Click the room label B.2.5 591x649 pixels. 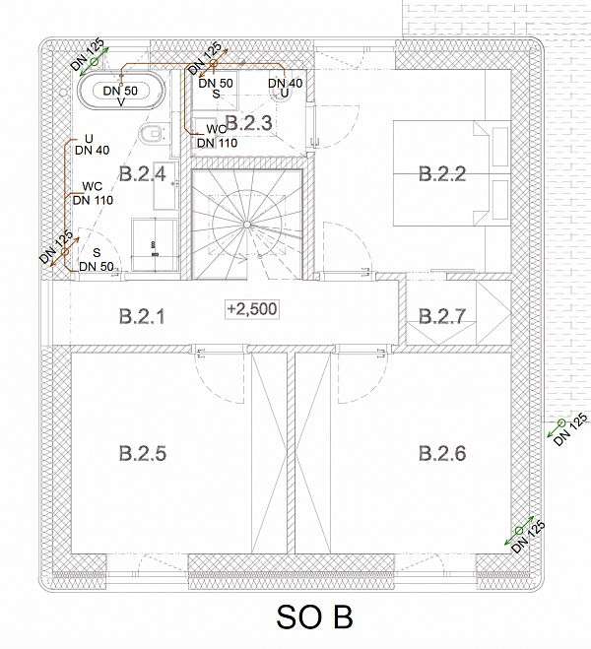143,453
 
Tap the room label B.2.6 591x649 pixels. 442,453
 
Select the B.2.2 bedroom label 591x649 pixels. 442,174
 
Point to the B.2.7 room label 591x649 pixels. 442,316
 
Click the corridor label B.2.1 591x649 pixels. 142,316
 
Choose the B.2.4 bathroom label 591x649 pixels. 143,174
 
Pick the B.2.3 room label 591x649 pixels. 249,123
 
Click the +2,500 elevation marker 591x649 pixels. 252,309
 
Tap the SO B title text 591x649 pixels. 314,617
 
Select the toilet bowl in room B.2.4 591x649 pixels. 150,134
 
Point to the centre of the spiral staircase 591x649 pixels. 246,225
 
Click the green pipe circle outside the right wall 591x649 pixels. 561,423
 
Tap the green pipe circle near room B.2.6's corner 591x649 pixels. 519,531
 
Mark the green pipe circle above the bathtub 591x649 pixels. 95,62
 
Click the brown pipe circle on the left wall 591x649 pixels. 65,252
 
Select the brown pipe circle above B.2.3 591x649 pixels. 214,63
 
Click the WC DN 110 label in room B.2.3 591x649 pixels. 217,136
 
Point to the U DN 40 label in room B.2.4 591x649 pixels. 92,145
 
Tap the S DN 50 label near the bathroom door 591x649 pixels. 97,260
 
